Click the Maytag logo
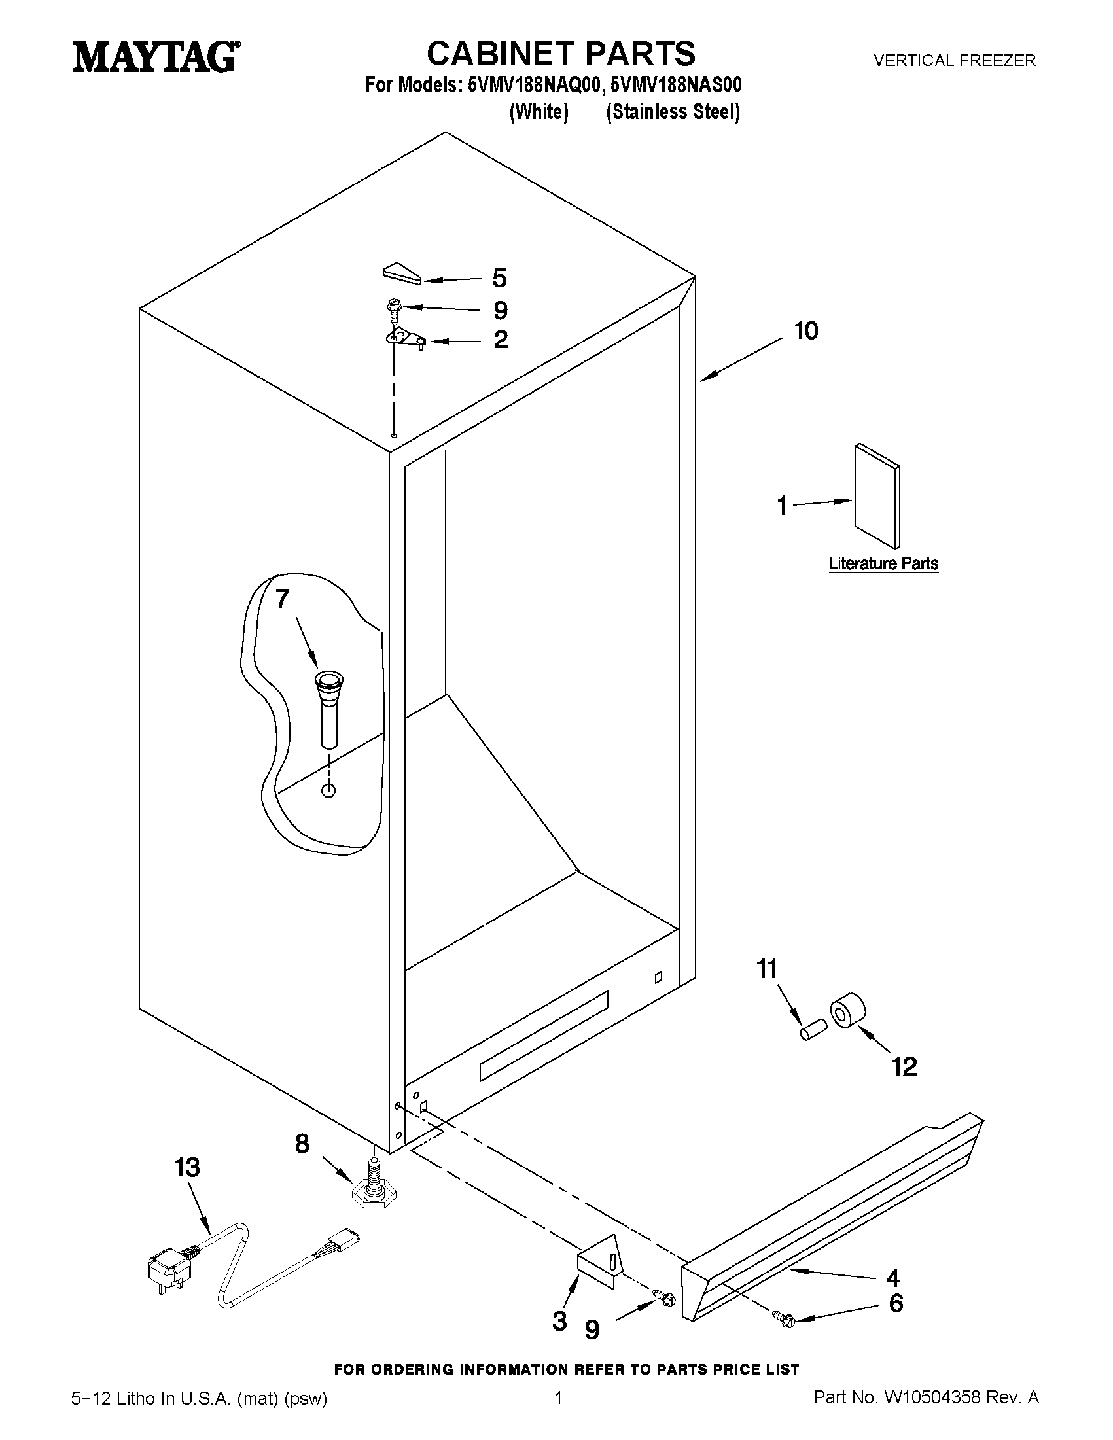156,57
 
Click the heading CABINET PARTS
561,54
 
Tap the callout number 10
805,331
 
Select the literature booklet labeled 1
877,495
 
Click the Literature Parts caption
883,564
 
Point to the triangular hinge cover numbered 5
401,273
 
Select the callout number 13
187,1168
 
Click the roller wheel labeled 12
848,1011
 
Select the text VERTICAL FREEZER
955,61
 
